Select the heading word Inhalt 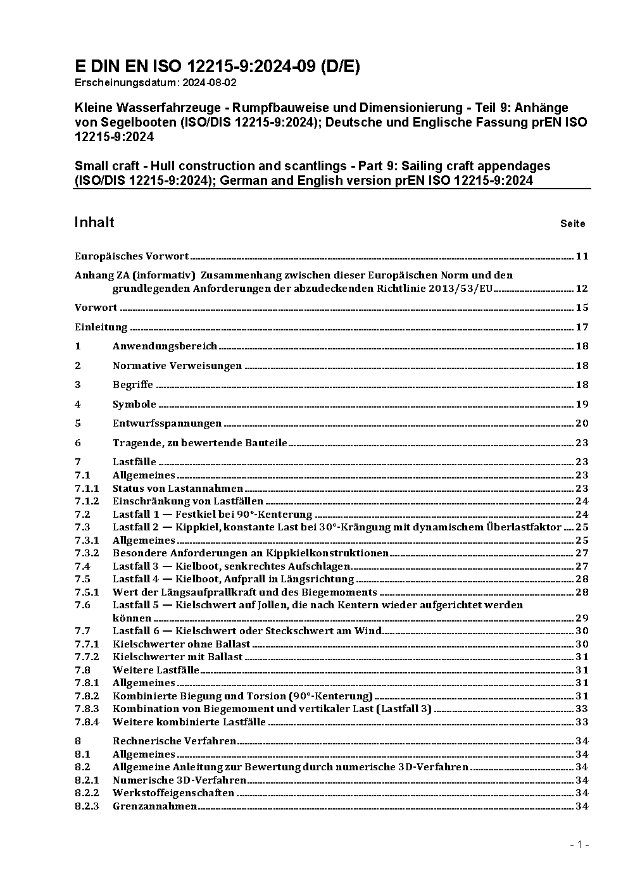[94, 222]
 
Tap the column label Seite [572, 223]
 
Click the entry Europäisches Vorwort [132, 256]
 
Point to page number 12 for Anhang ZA [581, 289]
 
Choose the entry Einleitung [101, 327]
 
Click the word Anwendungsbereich [165, 346]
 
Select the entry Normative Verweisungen [177, 366]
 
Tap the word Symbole [134, 404]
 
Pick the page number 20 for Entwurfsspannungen [581, 423]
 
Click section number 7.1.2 [87, 501]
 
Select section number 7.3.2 [87, 553]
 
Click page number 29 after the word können [581, 618]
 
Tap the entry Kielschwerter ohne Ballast [181, 644]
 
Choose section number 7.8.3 [87, 709]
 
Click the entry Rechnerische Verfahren [174, 741]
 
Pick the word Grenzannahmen [154, 806]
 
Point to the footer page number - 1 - [579, 845]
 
